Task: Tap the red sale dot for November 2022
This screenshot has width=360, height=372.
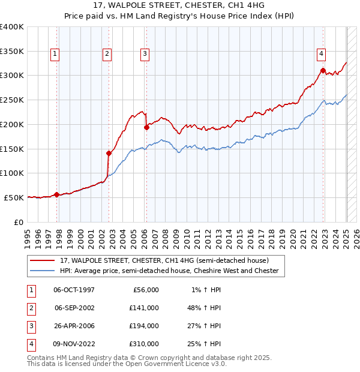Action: coord(323,71)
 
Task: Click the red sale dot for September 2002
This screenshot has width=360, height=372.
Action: coord(109,153)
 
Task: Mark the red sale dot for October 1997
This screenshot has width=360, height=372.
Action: coord(56,194)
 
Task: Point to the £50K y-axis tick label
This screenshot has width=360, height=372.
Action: coord(14,197)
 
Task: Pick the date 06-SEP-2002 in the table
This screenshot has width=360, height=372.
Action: coord(74,307)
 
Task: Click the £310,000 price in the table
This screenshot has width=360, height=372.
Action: coord(144,344)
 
